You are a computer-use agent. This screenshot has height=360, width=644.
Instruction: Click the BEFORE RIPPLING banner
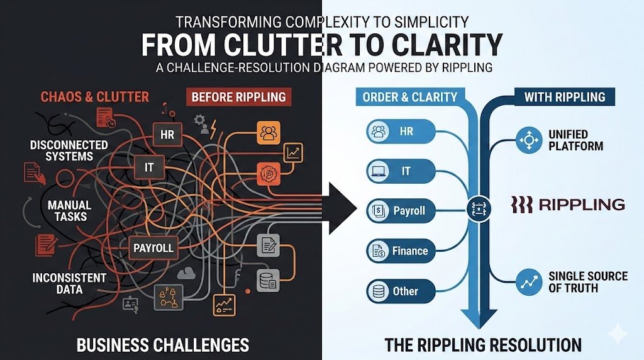(238, 97)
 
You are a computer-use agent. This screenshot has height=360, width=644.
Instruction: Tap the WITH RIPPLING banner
(564, 97)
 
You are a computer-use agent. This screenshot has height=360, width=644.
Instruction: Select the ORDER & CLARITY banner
(409, 97)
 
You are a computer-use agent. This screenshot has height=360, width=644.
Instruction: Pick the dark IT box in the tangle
(149, 167)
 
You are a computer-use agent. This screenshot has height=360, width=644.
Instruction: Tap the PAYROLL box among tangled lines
(153, 247)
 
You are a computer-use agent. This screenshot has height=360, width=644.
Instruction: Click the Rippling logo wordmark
(568, 204)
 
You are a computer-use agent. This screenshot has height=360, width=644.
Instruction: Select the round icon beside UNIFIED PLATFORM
(529, 140)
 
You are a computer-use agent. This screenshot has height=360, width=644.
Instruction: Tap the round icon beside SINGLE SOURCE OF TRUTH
(529, 282)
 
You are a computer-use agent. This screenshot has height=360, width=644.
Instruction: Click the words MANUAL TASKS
(69, 211)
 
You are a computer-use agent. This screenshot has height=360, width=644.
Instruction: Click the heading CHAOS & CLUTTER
(94, 97)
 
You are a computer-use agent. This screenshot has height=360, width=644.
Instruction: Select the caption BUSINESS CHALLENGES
(162, 344)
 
